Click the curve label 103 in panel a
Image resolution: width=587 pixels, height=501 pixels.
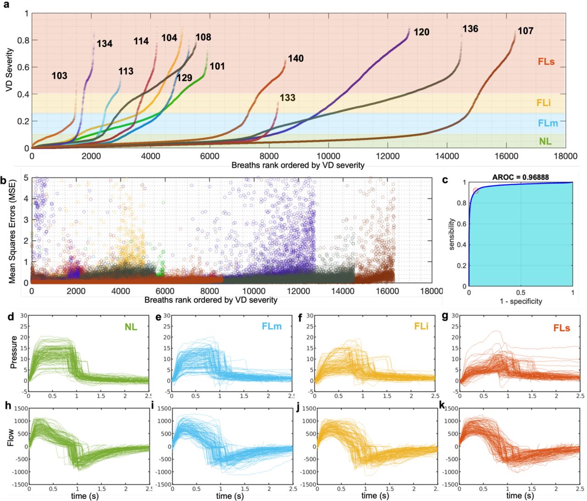point(59,76)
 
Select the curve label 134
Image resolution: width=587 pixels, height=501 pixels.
point(105,44)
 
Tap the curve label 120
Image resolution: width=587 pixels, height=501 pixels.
point(421,32)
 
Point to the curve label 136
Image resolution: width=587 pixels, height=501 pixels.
point(470,29)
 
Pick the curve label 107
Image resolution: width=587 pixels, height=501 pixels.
point(526,31)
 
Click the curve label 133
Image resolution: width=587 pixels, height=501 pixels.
point(288,98)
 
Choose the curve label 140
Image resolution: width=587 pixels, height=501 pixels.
point(296,59)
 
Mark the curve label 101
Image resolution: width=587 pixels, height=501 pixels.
point(217,67)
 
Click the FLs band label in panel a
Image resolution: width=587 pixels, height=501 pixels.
point(546,61)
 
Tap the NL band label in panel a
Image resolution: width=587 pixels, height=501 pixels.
point(545,141)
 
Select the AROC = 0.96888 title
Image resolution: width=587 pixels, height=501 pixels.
point(521,177)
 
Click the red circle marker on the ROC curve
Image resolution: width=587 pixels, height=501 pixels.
point(476,191)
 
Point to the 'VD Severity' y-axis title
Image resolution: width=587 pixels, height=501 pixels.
point(10,70)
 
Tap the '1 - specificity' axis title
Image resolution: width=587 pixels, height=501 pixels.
point(521,301)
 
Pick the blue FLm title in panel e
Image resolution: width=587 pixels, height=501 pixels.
point(272,326)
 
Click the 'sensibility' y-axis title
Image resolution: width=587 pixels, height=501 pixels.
point(452,234)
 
